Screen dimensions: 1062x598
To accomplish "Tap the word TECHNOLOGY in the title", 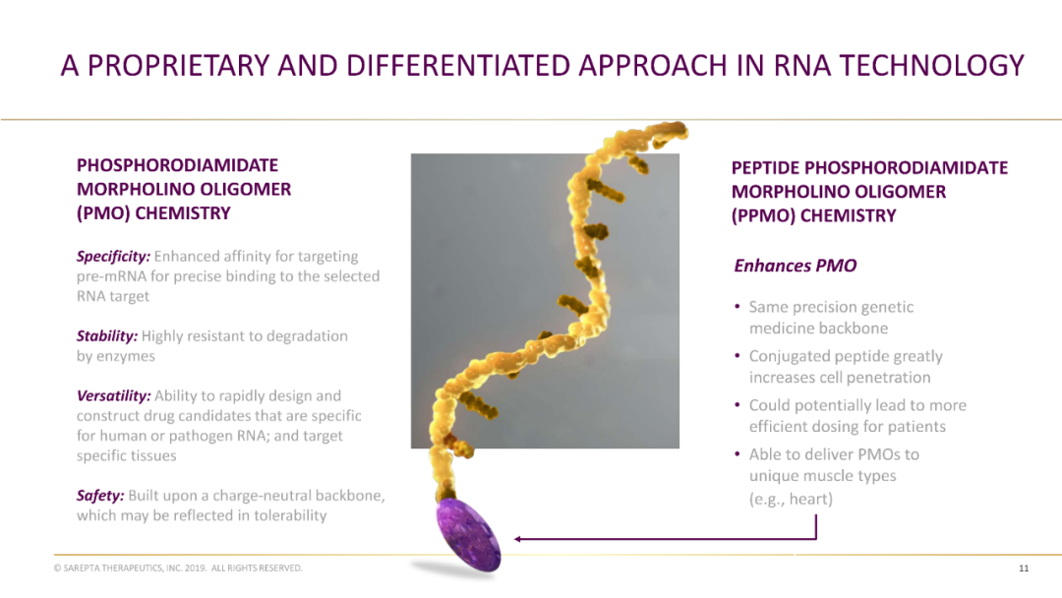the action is (932, 66).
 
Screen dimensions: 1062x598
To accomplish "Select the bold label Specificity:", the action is (113, 257).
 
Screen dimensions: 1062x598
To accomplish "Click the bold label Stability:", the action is (107, 336).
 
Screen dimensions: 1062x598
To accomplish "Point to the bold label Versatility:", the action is (114, 396).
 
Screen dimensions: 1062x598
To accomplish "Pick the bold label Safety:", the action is (100, 496).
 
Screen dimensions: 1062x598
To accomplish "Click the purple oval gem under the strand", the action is (468, 535).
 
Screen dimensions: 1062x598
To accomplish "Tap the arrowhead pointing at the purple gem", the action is (517, 539).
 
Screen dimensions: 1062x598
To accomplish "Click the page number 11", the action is (1024, 568).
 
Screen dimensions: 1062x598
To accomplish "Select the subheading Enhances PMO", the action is (796, 266).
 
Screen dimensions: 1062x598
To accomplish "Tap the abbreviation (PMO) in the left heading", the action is (103, 213).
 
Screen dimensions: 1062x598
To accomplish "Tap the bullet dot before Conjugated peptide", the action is (737, 355).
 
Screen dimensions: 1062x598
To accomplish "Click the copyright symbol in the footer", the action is (58, 568).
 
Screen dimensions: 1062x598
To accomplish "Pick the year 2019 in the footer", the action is (195, 568).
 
